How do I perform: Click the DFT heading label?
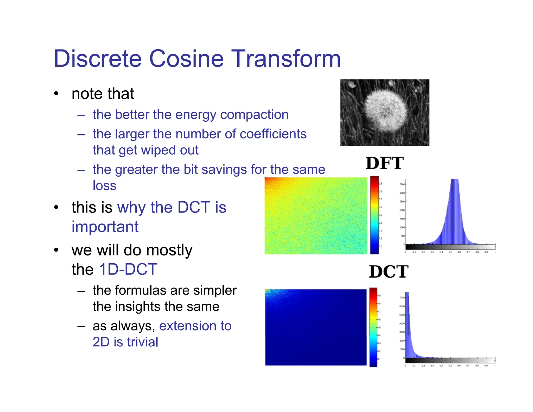pyautogui.click(x=384, y=163)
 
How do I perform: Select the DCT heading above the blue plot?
pyautogui.click(x=389, y=272)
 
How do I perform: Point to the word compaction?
pyautogui.click(x=254, y=115)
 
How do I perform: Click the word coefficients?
pyautogui.click(x=273, y=134)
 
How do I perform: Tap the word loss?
pyautogui.click(x=104, y=186)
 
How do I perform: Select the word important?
pyautogui.click(x=105, y=227)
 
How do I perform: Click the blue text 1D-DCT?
pyautogui.click(x=128, y=269)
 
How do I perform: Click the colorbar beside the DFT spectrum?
pyautogui.click(x=374, y=215)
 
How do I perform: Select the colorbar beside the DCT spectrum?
pyautogui.click(x=373, y=327)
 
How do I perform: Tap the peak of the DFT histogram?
pyautogui.click(x=455, y=182)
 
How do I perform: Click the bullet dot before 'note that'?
pyautogui.click(x=56, y=94)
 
